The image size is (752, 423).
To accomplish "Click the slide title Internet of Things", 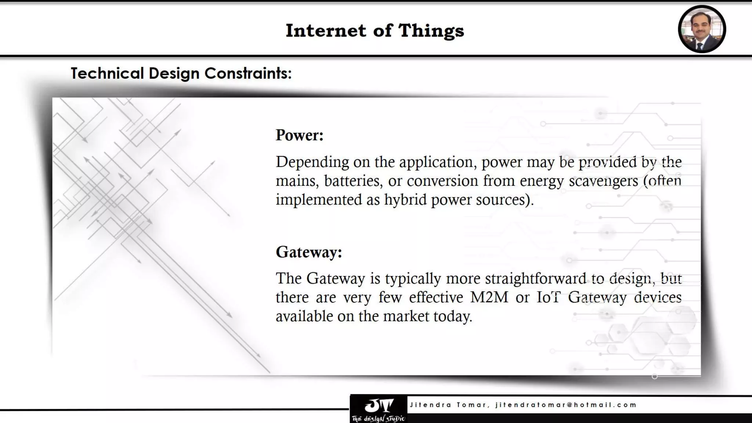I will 375,30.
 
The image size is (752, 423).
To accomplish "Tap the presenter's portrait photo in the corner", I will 702,29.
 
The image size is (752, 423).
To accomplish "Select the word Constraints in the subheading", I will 248,73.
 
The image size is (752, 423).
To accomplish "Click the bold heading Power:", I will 300,135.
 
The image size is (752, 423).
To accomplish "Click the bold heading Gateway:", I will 309,252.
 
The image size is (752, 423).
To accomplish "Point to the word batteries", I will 352,181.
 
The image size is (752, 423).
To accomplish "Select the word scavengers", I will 603,181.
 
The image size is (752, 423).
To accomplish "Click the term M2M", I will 489,297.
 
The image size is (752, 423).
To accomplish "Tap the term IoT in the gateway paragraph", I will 548,297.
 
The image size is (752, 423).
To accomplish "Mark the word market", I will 406,316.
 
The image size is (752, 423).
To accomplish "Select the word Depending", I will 312,162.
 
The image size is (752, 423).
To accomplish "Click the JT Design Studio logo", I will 379,409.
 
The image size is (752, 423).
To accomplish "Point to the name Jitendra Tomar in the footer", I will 448,405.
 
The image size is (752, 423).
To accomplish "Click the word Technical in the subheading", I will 107,73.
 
